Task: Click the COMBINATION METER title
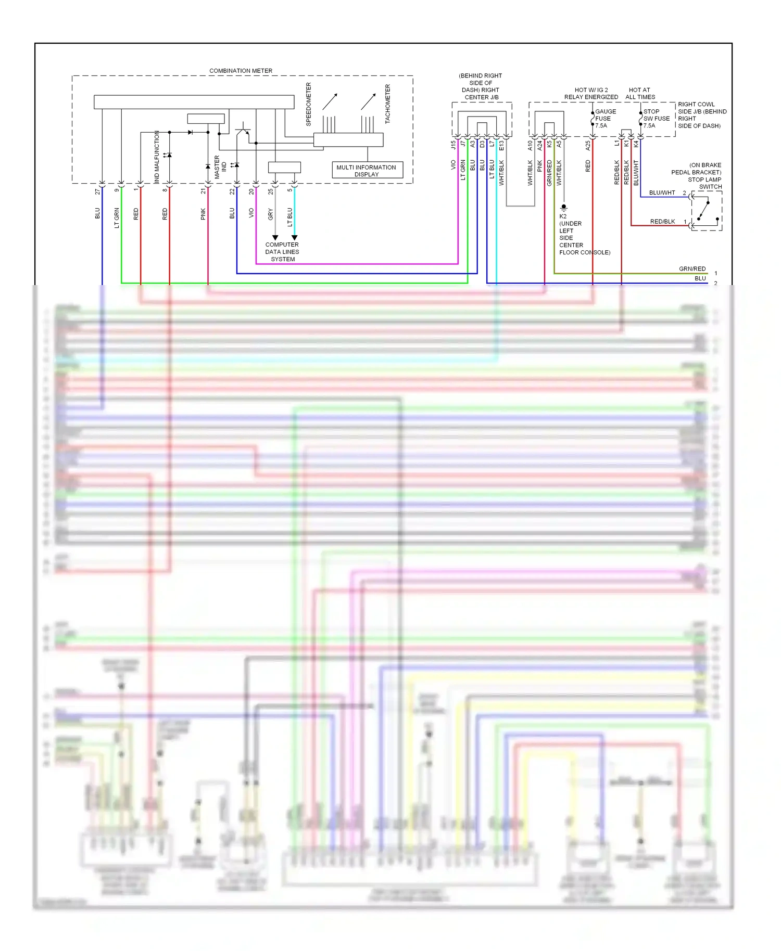(241, 71)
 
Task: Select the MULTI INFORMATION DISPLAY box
(367, 170)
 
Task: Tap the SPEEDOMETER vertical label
(308, 104)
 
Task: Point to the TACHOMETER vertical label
(387, 104)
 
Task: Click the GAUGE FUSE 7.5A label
(604, 119)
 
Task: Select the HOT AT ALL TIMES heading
(640, 94)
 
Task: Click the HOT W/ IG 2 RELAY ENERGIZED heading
(591, 94)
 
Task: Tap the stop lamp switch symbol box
(707, 211)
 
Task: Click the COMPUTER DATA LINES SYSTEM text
(282, 252)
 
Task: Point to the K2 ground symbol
(563, 208)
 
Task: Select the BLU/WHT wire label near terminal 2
(662, 193)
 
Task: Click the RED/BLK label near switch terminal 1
(662, 222)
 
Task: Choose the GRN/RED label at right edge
(692, 269)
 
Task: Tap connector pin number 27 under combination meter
(97, 191)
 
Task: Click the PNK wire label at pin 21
(203, 214)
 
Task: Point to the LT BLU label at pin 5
(290, 216)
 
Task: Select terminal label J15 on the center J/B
(453, 145)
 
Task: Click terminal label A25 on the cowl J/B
(588, 145)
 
